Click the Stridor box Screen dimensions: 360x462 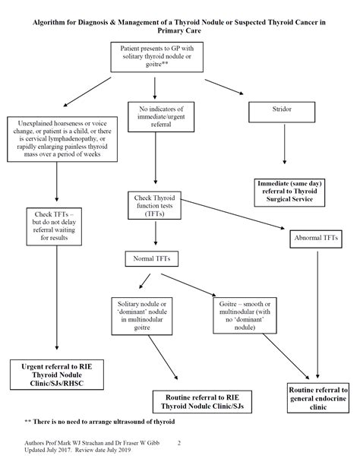pos(282,112)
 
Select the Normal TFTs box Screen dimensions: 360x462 pos(152,258)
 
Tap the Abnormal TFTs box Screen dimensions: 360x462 pos(316,239)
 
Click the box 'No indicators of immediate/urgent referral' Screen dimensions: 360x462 pos(161,117)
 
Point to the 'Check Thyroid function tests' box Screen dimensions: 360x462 pos(154,205)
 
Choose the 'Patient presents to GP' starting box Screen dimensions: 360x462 pos(156,57)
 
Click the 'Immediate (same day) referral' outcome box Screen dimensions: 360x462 pos(289,192)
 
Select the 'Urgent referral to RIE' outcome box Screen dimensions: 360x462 pos(57,375)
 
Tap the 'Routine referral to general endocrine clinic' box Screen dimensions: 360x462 pos(318,398)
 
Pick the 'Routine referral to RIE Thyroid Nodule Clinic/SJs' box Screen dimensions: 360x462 pos(202,402)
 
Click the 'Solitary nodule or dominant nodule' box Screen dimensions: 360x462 pos(142,316)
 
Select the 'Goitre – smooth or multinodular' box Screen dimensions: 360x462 pos(245,315)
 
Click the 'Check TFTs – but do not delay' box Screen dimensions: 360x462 pos(54,226)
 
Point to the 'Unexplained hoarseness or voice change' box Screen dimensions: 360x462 pos(62,139)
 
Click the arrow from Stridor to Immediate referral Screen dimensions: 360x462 pos(284,144)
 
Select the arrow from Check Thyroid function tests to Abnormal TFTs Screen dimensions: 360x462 pos(232,214)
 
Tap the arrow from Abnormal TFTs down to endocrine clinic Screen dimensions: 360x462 pos(317,315)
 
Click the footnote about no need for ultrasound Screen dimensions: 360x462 pos(99,422)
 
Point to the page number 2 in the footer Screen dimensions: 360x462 pos(178,443)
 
